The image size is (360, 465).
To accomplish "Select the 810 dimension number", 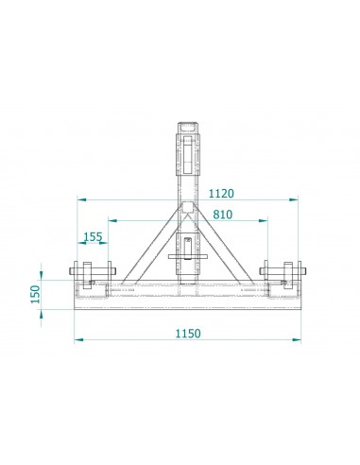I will tap(223, 215).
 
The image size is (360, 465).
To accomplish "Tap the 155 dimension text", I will tap(93, 236).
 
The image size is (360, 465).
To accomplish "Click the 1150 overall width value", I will tap(188, 334).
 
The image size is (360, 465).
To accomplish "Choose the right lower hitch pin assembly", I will tap(283, 279).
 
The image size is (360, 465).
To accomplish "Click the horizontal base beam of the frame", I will tap(187, 298).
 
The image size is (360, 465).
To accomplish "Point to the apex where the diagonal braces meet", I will tap(187, 206).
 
